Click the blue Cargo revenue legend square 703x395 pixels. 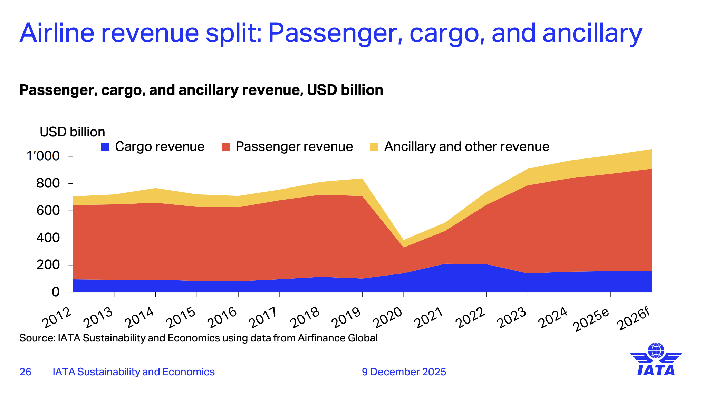[105, 147]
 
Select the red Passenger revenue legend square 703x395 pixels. [226, 147]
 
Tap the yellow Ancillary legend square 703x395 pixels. [374, 147]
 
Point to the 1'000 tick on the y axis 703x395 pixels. [43, 156]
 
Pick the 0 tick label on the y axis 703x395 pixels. [56, 292]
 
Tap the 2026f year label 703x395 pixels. [635, 319]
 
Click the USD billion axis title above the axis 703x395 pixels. [72, 132]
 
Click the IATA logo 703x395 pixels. [656, 359]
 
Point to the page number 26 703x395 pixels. [26, 372]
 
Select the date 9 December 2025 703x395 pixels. [404, 372]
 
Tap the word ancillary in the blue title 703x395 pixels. [592, 33]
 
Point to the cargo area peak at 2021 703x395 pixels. [445, 264]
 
